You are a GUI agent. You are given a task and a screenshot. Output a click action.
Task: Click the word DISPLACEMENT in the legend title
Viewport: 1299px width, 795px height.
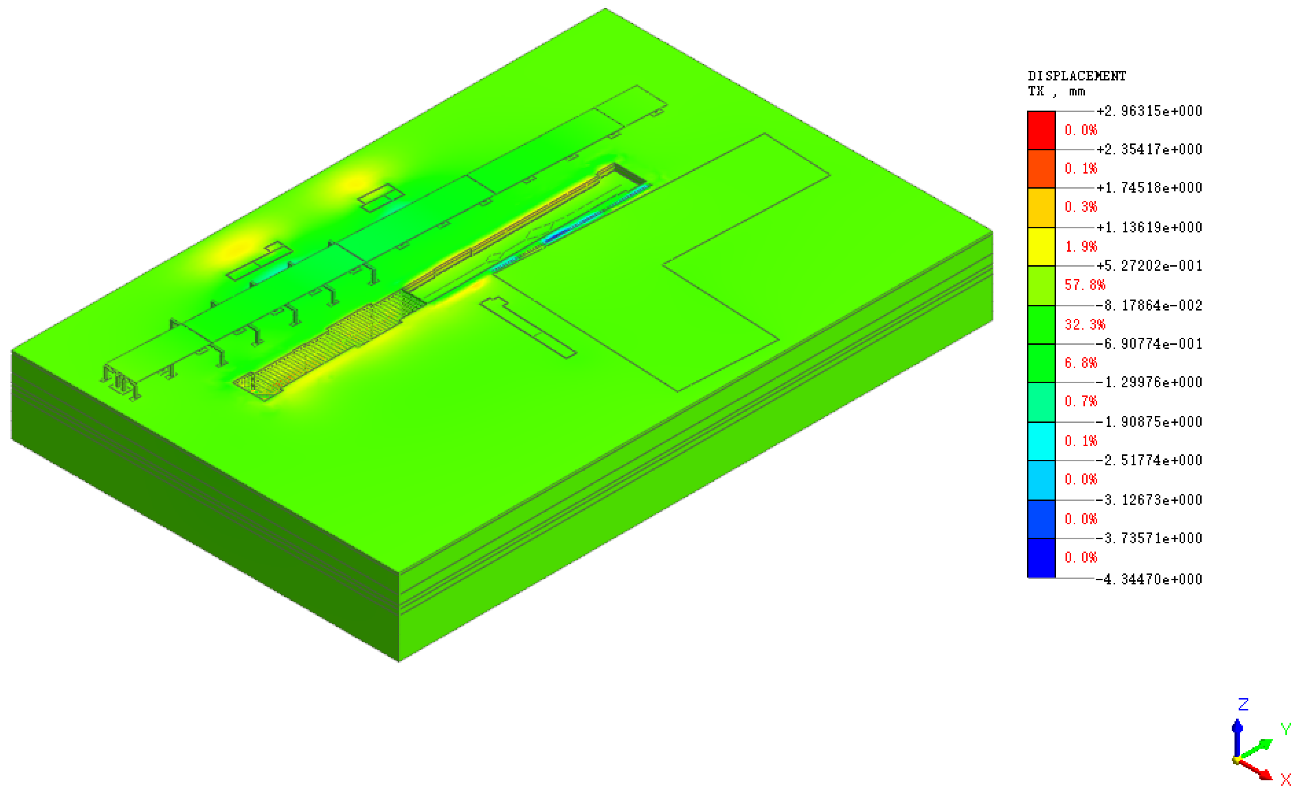coord(1077,76)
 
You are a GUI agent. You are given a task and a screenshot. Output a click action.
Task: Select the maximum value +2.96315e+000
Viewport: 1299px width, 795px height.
coord(1149,111)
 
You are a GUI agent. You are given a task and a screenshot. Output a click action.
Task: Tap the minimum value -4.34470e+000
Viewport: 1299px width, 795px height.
coord(1149,579)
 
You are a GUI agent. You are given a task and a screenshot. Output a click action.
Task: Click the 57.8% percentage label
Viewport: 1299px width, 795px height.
coord(1084,285)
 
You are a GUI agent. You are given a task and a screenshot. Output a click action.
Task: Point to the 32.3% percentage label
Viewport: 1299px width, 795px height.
coord(1084,325)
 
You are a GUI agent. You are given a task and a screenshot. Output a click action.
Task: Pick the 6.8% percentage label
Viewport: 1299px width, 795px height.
coord(1081,363)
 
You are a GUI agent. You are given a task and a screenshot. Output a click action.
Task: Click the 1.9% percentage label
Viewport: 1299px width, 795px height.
coord(1081,247)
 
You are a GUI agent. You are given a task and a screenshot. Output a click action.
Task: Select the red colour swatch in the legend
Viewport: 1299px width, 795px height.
coord(1041,130)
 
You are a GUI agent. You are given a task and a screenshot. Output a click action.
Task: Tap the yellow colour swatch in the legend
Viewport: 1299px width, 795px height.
coord(1041,247)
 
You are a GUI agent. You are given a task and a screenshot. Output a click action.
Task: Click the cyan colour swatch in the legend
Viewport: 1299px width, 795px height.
coord(1041,441)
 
